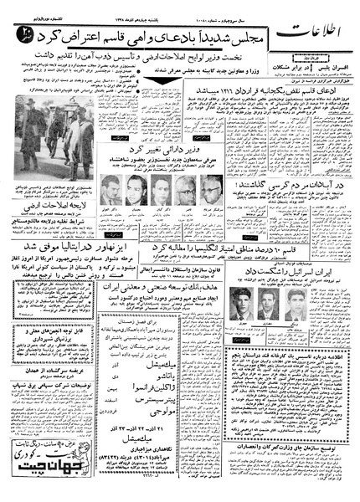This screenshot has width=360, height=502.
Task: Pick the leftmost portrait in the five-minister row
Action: click(108, 187)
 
